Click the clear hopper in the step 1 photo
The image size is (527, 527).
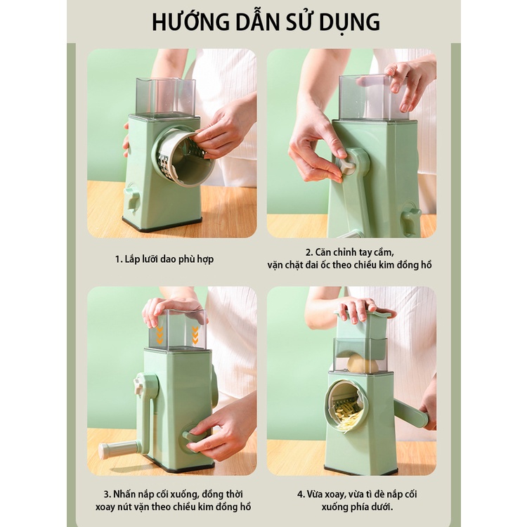pos(165,96)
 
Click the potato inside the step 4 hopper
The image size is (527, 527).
pos(363,363)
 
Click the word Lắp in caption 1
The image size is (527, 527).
pos(134,259)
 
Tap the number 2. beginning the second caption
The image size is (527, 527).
pos(308,252)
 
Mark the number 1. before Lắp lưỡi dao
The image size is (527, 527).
pos(119,259)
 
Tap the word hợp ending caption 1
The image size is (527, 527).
pos(204,259)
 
